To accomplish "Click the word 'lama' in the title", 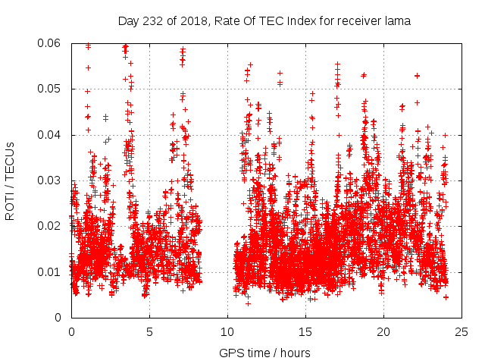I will pyautogui.click(x=396, y=21).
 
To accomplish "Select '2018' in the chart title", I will pyautogui.click(x=189, y=21).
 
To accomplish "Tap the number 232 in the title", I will pyautogui.click(x=150, y=21).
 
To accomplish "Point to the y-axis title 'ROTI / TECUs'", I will pyautogui.click(x=10, y=180).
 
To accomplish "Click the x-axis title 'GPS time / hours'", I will pyautogui.click(x=264, y=353).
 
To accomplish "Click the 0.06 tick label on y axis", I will pyautogui.click(x=51, y=43).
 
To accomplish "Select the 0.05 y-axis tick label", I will pyautogui.click(x=51, y=89).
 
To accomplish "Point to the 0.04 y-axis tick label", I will pyautogui.click(x=51, y=135).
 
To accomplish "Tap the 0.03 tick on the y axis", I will pyautogui.click(x=51, y=180).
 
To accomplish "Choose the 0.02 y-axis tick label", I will pyautogui.click(x=51, y=226).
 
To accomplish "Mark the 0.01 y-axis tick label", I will pyautogui.click(x=51, y=271).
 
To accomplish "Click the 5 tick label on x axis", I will pyautogui.click(x=149, y=331).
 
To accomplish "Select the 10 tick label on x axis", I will pyautogui.click(x=227, y=331).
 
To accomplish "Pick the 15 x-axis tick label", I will pyautogui.click(x=305, y=331).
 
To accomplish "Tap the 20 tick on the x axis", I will pyautogui.click(x=383, y=331).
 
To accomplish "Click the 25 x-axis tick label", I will pyautogui.click(x=462, y=331).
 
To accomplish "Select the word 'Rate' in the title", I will pyautogui.click(x=220, y=21).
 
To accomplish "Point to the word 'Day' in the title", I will pyautogui.click(x=128, y=21).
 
